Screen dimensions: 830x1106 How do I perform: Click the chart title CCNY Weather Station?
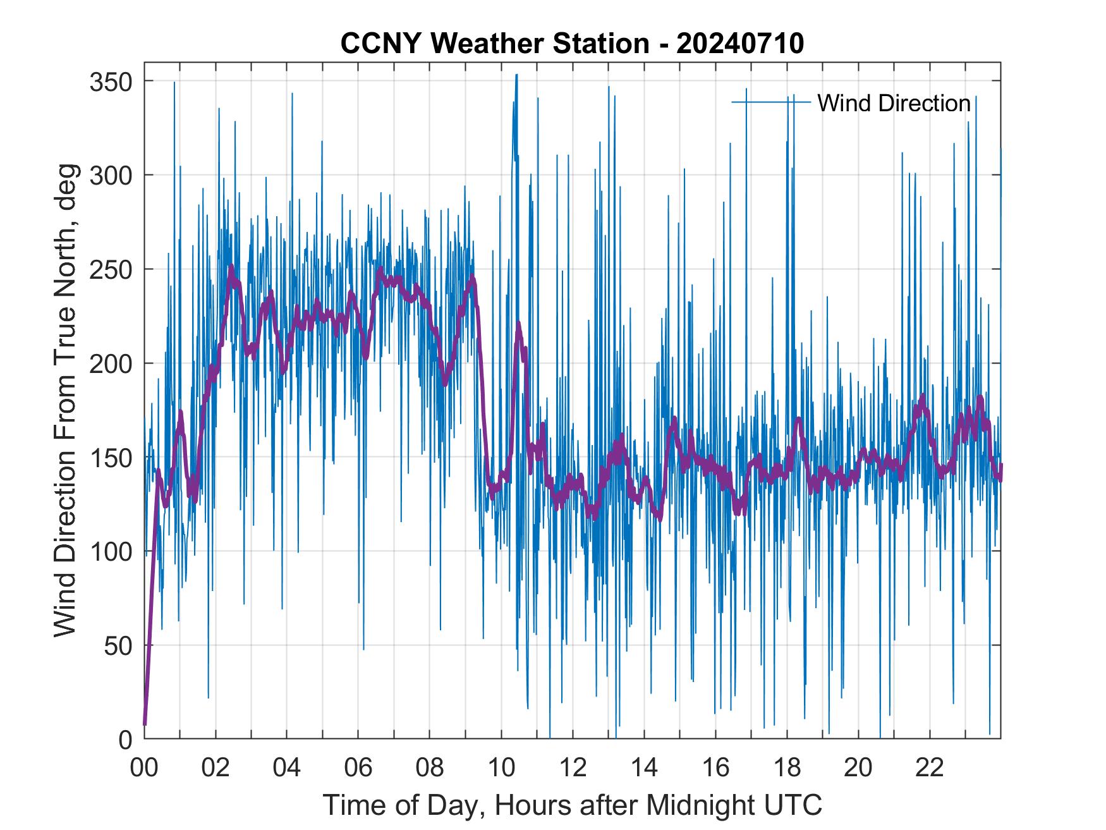point(572,44)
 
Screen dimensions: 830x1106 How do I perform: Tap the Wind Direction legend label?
point(894,103)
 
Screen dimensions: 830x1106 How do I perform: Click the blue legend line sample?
point(771,102)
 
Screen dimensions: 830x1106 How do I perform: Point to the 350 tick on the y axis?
point(111,82)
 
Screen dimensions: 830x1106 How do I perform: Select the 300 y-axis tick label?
point(111,175)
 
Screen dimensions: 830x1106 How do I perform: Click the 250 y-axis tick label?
point(111,269)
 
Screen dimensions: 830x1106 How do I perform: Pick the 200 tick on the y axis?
point(111,363)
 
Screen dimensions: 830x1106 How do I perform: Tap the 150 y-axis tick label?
point(111,457)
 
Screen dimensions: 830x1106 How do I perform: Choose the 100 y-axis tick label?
point(111,551)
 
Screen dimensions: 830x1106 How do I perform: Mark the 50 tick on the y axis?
point(118,645)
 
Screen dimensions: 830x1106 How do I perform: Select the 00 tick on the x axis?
point(144,769)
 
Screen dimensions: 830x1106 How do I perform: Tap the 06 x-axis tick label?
point(358,769)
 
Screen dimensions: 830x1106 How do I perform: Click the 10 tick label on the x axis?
point(501,769)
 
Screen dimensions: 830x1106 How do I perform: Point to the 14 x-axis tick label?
point(644,769)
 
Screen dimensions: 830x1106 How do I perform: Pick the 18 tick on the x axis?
point(787,769)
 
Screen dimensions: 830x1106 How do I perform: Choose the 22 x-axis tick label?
point(930,769)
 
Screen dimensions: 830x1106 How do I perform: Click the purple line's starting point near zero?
point(145,724)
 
